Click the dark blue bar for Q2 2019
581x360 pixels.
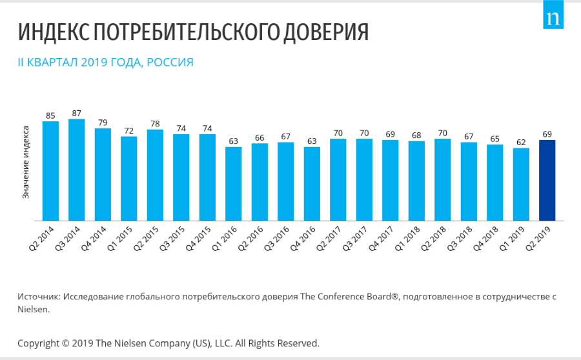(547, 180)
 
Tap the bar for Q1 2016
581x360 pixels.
(233, 184)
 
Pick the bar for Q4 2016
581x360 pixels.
(312, 184)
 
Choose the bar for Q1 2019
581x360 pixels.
(521, 185)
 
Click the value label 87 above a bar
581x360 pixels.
(77, 113)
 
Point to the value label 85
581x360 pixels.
(50, 115)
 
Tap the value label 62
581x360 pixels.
(521, 143)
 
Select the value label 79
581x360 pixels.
(103, 123)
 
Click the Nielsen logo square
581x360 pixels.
(553, 19)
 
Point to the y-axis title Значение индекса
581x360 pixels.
(26, 166)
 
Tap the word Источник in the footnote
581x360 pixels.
(38, 296)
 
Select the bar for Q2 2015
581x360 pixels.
(155, 175)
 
